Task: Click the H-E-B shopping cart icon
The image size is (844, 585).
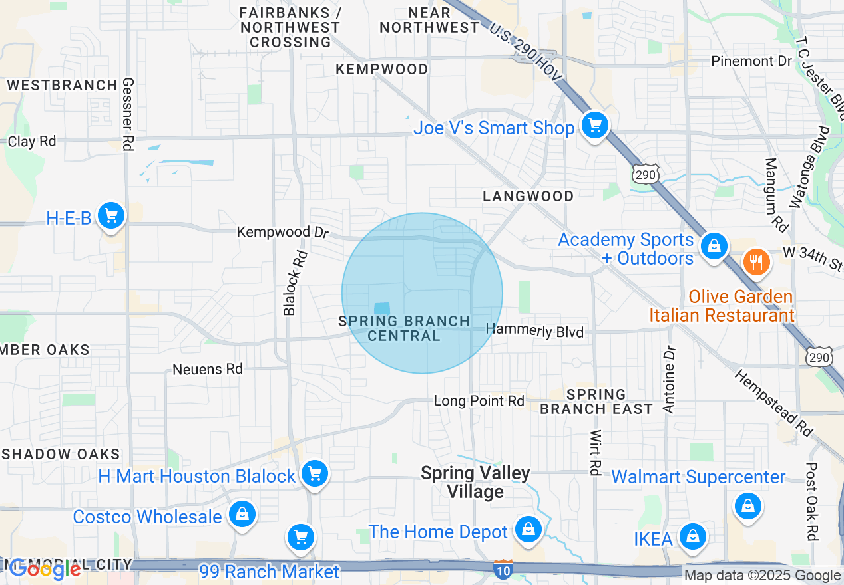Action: [111, 216]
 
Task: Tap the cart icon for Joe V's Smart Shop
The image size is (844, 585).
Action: [594, 125]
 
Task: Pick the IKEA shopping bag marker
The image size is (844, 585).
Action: [692, 536]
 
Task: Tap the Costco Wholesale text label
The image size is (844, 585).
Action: [147, 517]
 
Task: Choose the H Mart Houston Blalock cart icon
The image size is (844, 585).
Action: [314, 474]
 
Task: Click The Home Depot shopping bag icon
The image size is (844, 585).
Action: [528, 529]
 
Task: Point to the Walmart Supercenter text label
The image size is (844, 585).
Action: [698, 477]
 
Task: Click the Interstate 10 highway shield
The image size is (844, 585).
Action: [503, 569]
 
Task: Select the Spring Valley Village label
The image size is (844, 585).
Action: [475, 483]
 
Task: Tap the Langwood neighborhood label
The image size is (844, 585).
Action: [528, 196]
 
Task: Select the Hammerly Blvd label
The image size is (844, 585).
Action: [534, 330]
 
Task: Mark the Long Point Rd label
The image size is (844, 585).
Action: [479, 401]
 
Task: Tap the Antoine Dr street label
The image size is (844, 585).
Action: [670, 380]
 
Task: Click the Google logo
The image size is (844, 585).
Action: [45, 569]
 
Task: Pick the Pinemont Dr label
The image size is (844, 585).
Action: [751, 61]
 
